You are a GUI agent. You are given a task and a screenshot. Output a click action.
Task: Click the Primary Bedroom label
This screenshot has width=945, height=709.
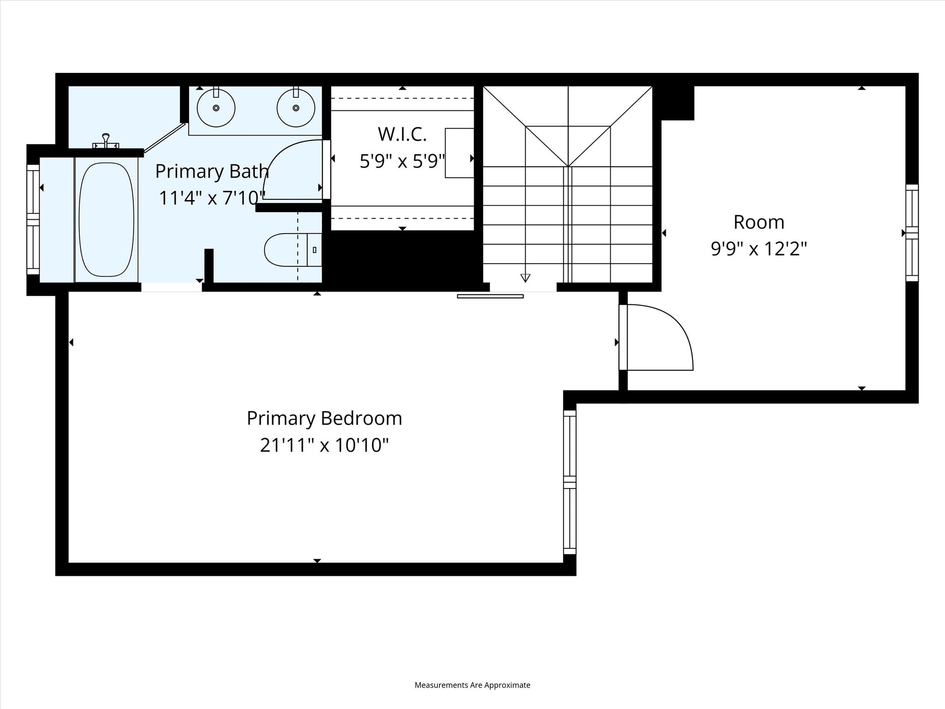point(324,418)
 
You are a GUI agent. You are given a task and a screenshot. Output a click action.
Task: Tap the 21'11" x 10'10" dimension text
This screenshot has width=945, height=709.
point(324,445)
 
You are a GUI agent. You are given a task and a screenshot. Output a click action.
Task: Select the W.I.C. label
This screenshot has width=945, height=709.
point(402,134)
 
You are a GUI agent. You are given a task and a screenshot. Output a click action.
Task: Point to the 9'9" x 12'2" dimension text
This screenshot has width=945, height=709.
point(759,249)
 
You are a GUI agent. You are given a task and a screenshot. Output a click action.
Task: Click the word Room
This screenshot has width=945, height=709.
point(759,222)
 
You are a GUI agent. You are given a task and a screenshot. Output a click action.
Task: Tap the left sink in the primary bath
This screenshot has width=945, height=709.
point(216,108)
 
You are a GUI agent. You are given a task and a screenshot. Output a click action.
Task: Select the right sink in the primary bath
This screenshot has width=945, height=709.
point(296,108)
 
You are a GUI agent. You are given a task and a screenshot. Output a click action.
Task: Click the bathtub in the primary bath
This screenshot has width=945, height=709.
point(107,219)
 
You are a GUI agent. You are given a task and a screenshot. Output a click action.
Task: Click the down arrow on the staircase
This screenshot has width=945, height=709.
point(525,277)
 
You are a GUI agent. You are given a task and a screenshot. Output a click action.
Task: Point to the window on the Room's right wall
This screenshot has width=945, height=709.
point(912,233)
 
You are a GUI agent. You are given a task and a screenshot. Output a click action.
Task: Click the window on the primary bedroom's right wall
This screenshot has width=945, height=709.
point(570,482)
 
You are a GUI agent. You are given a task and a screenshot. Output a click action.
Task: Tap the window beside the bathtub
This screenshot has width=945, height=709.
point(33,219)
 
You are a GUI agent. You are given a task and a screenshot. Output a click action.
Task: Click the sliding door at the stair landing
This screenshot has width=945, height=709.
point(490,296)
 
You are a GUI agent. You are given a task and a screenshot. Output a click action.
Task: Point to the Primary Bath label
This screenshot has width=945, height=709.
point(212,171)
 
